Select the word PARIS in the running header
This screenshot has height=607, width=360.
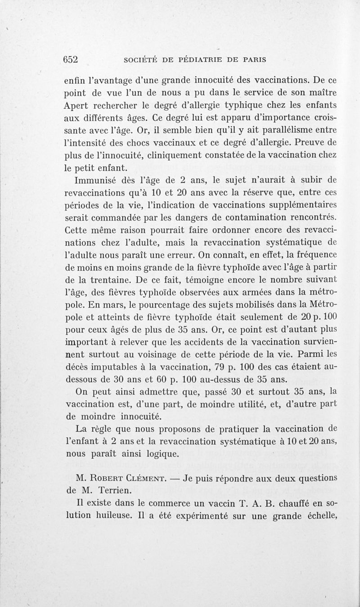click(x=251, y=59)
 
